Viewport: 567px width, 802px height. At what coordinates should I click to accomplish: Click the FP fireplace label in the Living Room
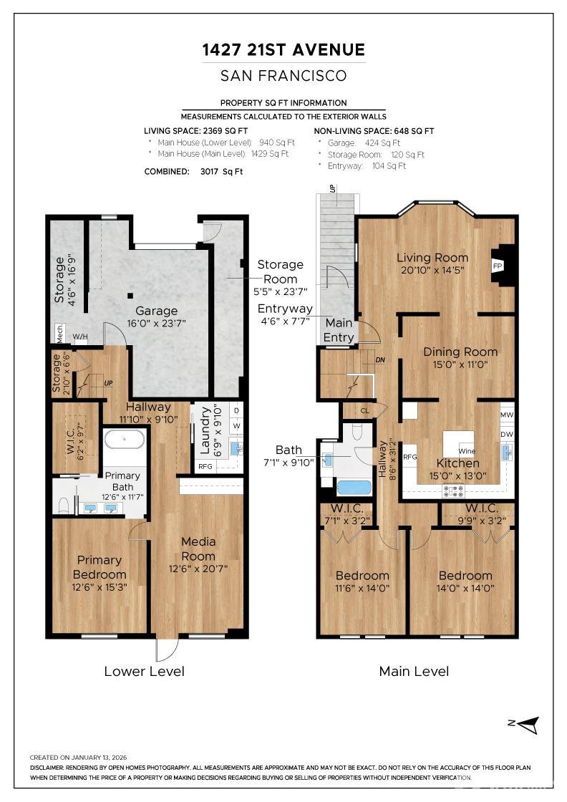point(497,266)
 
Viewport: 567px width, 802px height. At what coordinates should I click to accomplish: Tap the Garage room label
point(157,311)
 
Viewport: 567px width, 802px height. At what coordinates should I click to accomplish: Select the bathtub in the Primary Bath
point(125,440)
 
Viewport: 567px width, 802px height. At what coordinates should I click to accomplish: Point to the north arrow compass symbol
point(525,724)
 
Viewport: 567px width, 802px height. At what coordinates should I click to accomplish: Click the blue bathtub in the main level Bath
point(354,488)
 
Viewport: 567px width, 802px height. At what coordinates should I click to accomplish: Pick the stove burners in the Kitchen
point(453,491)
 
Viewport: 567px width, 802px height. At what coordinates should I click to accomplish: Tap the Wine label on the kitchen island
point(467,451)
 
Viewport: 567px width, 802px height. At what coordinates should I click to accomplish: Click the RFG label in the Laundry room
point(205,466)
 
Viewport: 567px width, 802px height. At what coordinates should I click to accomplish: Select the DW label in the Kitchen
point(507,434)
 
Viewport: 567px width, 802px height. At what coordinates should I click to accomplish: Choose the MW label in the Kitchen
point(507,415)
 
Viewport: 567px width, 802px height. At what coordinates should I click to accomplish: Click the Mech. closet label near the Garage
point(59,333)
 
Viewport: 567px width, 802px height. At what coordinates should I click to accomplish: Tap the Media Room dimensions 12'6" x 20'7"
point(198,569)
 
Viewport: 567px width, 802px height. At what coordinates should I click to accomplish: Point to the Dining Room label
point(460,352)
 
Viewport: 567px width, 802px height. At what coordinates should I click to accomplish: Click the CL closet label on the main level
point(364,411)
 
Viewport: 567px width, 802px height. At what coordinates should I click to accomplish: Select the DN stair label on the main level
point(380,360)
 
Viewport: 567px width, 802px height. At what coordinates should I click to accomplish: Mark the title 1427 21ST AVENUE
point(283,49)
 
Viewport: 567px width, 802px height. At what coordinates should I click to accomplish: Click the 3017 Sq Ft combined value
point(221,172)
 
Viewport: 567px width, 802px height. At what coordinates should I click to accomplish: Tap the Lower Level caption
point(144,672)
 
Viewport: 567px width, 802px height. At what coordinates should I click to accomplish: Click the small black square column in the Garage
point(131,295)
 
